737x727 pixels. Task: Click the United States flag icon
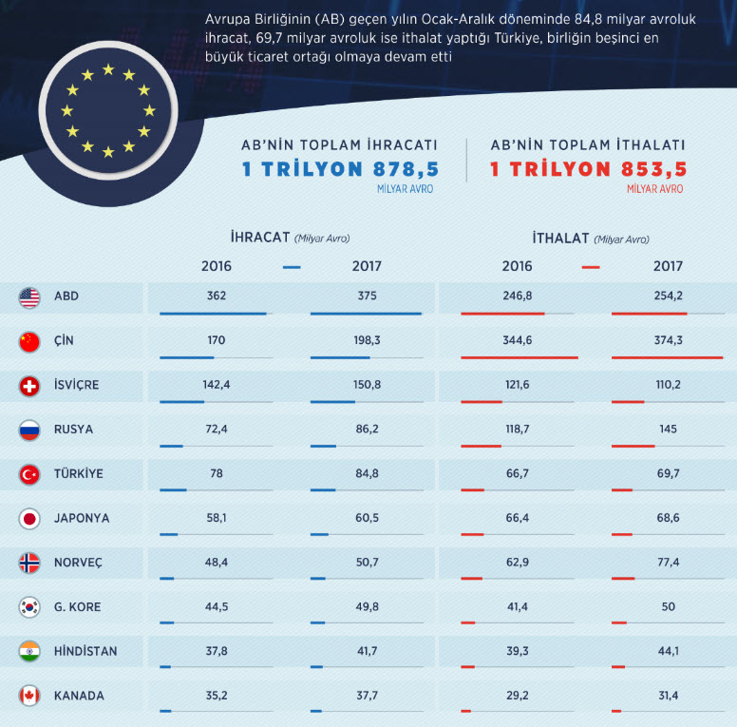[x=29, y=297]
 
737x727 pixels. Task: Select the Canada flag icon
[x=29, y=697]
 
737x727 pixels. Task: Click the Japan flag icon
[x=29, y=519]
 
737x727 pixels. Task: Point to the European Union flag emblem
[x=106, y=111]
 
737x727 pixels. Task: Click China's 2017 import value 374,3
[x=668, y=340]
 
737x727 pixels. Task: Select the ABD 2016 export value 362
[x=216, y=296]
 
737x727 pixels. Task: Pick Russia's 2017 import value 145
[x=668, y=429]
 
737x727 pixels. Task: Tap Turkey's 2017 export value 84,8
[x=367, y=473]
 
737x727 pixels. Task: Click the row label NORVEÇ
[x=79, y=563]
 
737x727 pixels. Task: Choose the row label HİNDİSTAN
[x=86, y=651]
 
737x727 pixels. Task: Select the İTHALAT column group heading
[x=560, y=238]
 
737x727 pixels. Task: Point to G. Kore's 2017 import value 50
[x=668, y=606]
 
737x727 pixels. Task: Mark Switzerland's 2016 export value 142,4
[x=216, y=384]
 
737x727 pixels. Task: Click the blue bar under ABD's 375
[x=366, y=313]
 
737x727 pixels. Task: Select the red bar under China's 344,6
[x=519, y=357]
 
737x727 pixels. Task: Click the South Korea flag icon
[x=29, y=607]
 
